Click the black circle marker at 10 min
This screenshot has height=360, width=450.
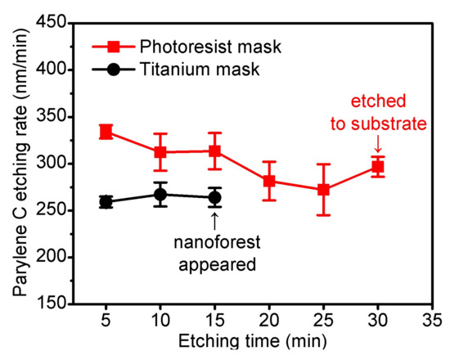pyautogui.click(x=160, y=195)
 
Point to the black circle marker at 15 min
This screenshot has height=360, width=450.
pyautogui.click(x=214, y=197)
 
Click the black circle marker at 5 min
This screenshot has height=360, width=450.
pyautogui.click(x=106, y=201)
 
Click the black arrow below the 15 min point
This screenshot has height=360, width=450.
pyautogui.click(x=214, y=220)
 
